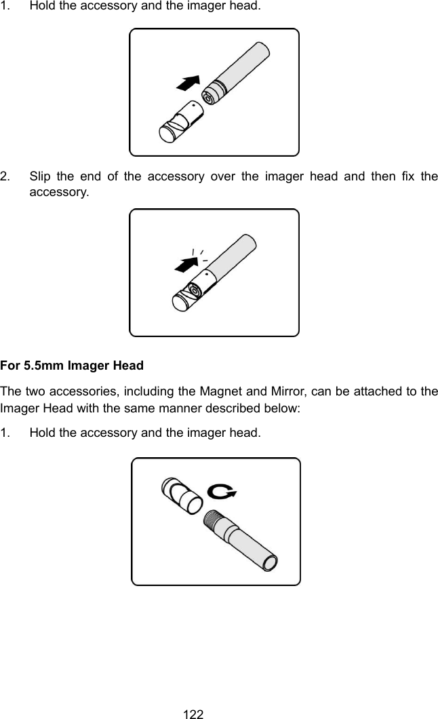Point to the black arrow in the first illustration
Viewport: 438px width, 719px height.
click(189, 83)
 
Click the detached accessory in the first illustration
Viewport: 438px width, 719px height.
click(181, 123)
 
